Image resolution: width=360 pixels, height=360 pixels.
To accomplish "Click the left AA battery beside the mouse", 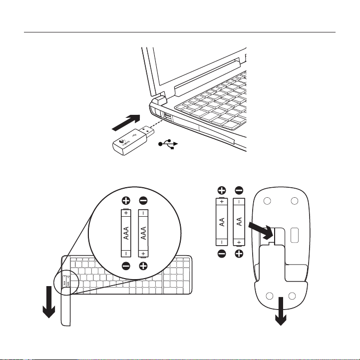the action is [222, 222].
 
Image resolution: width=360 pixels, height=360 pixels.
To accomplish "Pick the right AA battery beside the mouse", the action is [239, 222].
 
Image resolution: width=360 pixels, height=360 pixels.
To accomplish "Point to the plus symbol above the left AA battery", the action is [222, 190].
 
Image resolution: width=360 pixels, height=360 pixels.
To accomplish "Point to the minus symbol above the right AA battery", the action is [239, 190].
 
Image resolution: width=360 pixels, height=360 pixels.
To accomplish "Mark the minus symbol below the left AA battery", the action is [222, 254].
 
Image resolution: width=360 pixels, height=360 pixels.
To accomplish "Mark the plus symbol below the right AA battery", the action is [239, 254].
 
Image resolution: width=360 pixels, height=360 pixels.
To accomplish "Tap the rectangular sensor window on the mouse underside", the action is [294, 236].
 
